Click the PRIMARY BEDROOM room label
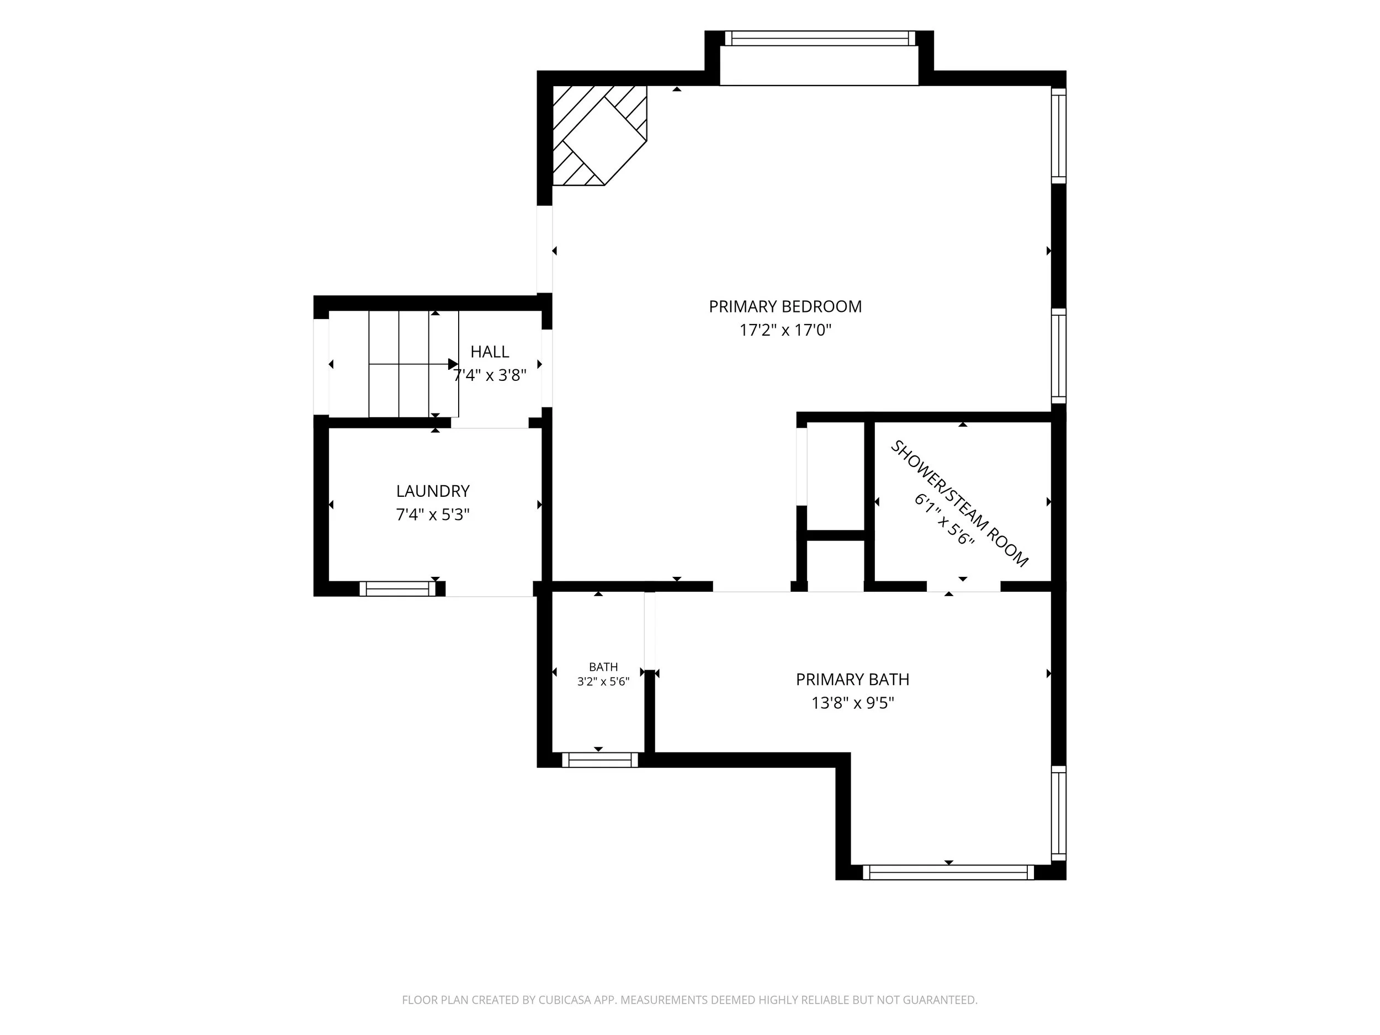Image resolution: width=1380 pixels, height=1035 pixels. coord(785,306)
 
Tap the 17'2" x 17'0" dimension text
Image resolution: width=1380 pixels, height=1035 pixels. coord(785,330)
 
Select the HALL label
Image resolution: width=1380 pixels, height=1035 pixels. coord(490,352)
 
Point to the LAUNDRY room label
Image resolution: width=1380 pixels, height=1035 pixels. coord(432,491)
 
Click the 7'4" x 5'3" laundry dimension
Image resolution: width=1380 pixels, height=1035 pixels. coord(432,514)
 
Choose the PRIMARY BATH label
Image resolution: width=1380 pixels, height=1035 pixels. coord(852,680)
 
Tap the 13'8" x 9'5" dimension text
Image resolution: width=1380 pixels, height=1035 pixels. coord(852,703)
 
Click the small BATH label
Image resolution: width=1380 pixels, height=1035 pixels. coord(603,667)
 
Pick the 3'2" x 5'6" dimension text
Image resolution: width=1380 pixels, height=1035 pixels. coord(603,682)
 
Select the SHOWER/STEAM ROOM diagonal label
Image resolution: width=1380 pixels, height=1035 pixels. coord(958,503)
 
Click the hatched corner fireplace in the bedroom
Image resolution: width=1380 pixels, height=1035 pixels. coord(599,135)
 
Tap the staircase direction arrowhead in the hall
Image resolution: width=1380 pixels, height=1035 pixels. coord(454,364)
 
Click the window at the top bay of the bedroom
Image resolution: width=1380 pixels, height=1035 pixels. coord(819,38)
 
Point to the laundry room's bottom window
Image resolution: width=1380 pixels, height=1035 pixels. coord(397,588)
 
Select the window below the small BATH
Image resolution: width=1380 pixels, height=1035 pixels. coord(600,760)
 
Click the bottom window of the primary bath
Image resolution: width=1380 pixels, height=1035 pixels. coord(948,872)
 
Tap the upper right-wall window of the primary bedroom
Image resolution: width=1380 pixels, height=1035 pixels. coord(1059,135)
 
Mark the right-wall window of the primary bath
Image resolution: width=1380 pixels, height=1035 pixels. coord(1059,813)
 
